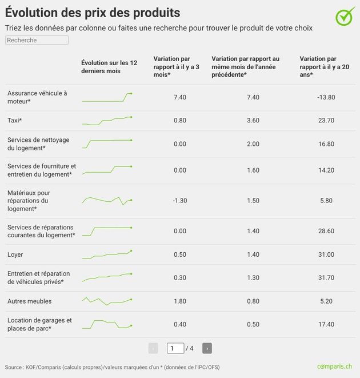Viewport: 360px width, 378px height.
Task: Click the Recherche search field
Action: click(37, 40)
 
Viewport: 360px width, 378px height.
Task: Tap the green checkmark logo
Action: click(345, 17)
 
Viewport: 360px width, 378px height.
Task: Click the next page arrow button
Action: click(207, 348)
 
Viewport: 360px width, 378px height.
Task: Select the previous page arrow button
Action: click(153, 348)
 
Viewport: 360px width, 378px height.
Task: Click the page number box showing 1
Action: click(175, 348)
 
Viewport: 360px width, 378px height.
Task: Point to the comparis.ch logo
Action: click(334, 366)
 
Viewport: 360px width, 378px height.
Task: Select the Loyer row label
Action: click(15, 254)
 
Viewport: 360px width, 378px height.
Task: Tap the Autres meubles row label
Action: click(29, 301)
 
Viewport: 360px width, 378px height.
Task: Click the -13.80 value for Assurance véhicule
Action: click(326, 97)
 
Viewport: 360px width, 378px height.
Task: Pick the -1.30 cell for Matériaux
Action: click(179, 201)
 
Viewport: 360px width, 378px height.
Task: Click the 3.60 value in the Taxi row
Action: click(253, 121)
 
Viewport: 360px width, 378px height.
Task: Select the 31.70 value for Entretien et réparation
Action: click(326, 278)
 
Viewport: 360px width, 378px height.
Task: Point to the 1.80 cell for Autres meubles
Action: click(179, 301)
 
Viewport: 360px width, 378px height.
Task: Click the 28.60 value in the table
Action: click(326, 231)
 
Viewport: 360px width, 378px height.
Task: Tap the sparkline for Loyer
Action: click(107, 254)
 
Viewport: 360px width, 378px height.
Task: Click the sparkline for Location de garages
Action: click(107, 324)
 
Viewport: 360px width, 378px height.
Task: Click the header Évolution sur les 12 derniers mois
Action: click(109, 66)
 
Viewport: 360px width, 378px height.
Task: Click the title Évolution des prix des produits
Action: click(93, 13)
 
